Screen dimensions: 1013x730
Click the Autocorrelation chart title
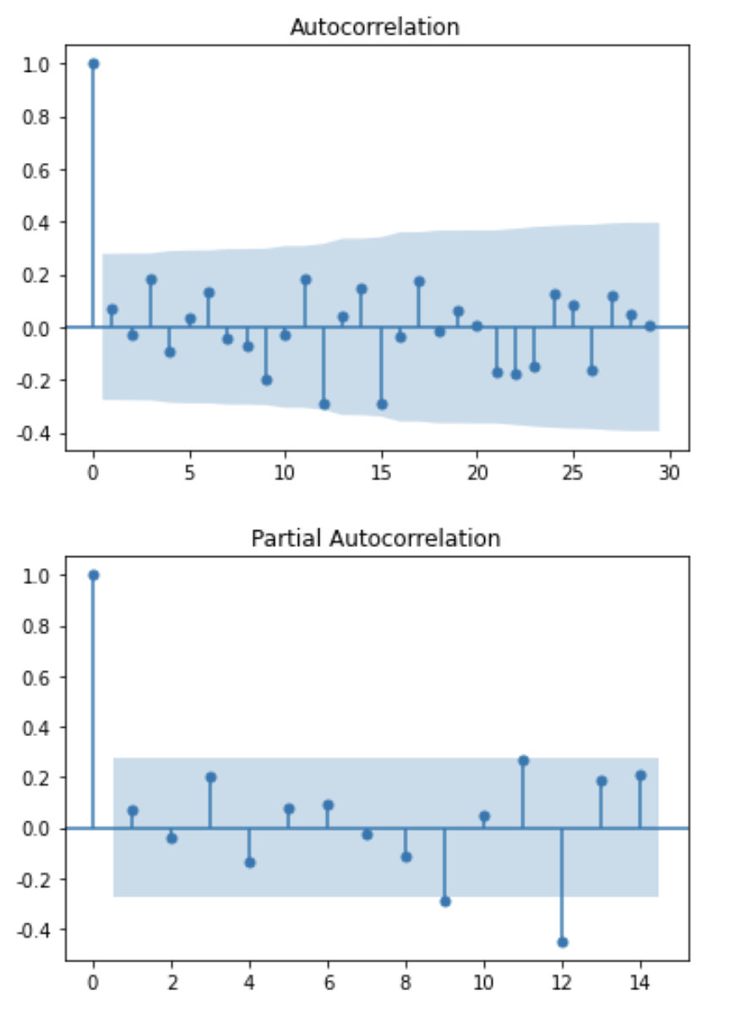(374, 27)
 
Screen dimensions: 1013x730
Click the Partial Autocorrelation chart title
(375, 538)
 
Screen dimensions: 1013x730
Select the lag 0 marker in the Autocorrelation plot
(93, 64)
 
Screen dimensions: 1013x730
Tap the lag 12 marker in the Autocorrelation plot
(324, 404)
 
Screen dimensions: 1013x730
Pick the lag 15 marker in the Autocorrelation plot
(382, 404)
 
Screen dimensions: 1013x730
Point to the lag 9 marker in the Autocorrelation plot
(266, 380)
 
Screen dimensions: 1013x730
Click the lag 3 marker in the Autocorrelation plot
(151, 279)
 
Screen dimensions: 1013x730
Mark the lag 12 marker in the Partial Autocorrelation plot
(562, 942)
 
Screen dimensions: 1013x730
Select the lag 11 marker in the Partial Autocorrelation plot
(523, 761)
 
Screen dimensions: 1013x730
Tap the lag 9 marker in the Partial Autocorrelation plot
(445, 902)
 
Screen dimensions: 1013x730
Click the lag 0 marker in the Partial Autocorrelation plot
(93, 575)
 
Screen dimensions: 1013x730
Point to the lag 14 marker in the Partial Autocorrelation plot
(640, 775)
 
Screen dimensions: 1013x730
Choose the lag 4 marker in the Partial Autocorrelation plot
(249, 862)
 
